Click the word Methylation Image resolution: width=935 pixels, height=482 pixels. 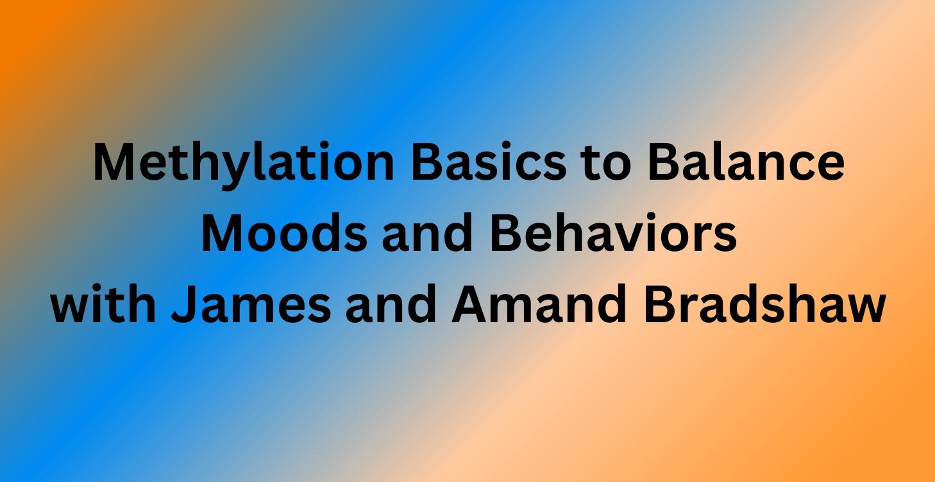tap(243, 163)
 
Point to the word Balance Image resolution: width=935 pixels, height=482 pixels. tap(746, 163)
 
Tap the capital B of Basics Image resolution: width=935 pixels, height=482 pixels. tap(427, 163)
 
